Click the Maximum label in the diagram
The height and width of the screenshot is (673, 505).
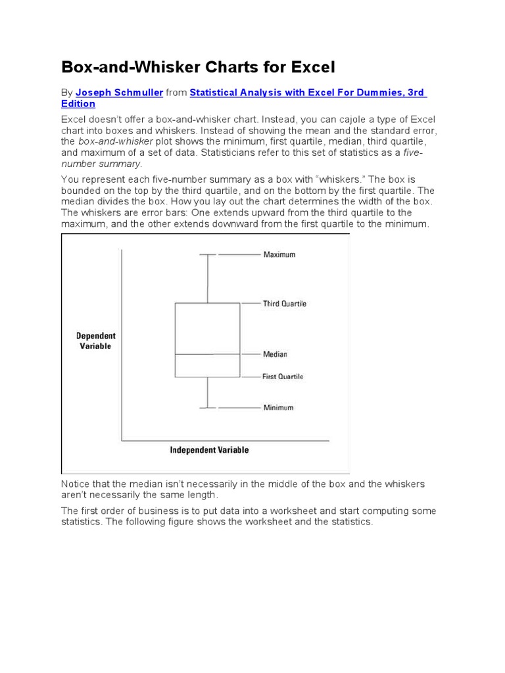coord(279,254)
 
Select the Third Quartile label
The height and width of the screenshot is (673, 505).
coord(285,304)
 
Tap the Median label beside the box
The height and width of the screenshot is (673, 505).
coord(275,354)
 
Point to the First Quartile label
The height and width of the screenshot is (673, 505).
coord(283,377)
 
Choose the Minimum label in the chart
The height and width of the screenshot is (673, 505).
coord(278,407)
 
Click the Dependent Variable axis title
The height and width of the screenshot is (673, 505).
coord(95,340)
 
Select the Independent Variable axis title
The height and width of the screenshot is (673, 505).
coord(209,450)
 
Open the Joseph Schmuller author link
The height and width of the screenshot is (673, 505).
coord(119,93)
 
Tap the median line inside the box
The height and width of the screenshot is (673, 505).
coord(207,354)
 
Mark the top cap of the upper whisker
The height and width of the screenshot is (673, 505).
coord(207,254)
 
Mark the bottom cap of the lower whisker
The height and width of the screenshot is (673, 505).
coord(207,408)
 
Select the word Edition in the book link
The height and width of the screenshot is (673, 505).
coord(78,104)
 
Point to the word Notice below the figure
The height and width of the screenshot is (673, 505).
coord(77,484)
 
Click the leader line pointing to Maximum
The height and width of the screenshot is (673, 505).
coord(239,254)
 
